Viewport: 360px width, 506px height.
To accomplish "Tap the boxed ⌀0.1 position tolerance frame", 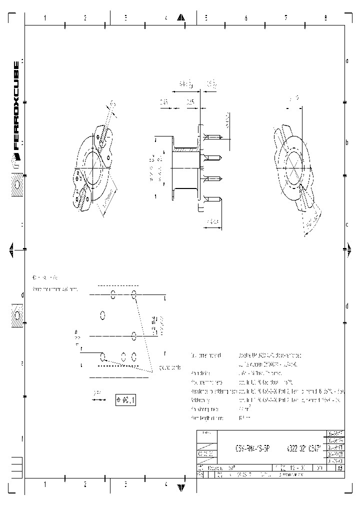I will tap(126, 399).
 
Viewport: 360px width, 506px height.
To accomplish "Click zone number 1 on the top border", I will tap(45, 18).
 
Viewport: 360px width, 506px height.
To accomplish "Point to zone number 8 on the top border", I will tap(325, 18).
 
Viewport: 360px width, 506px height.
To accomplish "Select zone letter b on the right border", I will tap(347, 143).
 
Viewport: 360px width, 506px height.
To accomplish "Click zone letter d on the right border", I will tap(347, 306).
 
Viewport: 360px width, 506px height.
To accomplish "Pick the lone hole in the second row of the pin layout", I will tap(103, 315).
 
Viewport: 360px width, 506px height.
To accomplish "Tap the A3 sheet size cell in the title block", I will tap(340, 468).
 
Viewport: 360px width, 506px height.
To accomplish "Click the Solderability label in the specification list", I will tap(200, 400).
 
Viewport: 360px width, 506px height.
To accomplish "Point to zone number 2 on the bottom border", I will tap(85, 484).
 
